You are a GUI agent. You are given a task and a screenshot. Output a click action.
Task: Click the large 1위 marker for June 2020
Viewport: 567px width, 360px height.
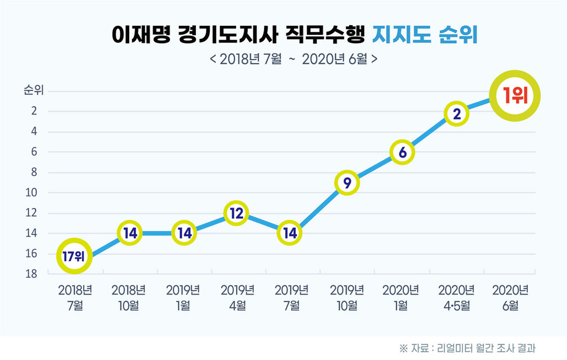pos(514,96)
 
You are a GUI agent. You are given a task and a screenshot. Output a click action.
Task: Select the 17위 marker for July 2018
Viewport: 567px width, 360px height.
pos(74,255)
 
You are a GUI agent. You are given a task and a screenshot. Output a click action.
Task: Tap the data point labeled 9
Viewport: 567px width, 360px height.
pos(347,183)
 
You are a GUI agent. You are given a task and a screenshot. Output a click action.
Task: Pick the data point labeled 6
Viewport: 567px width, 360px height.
pos(402,152)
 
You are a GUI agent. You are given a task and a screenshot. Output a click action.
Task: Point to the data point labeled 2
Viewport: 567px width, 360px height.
pos(457,114)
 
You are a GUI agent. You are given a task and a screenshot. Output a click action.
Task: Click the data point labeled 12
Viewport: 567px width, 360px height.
pos(236,214)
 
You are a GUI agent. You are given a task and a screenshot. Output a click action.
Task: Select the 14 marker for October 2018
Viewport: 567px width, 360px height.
pos(130,233)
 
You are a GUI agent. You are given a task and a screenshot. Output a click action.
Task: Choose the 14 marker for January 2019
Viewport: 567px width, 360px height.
pos(185,233)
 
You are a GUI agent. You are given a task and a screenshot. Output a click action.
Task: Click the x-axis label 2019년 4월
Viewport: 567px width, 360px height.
pos(237,297)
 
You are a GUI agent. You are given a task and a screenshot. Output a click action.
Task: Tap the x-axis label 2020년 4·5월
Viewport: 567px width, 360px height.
pos(456,297)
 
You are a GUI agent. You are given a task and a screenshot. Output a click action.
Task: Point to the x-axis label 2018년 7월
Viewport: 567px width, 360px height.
pos(75,297)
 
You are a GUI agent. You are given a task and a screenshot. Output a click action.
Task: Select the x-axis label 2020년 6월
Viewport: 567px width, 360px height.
pos(510,297)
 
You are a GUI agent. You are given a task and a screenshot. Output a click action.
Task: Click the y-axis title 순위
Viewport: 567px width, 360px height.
pos(33,91)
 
